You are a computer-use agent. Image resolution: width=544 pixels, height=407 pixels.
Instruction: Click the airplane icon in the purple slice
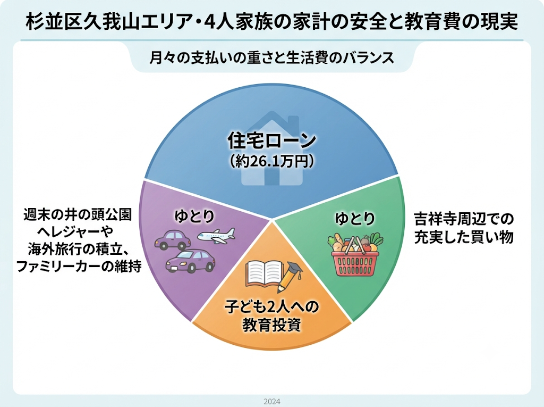click(x=216, y=236)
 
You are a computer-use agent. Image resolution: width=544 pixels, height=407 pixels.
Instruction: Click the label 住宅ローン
click(x=271, y=141)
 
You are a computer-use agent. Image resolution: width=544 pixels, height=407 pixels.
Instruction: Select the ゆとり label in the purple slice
click(x=194, y=216)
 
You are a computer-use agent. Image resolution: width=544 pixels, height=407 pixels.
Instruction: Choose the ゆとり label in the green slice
click(x=355, y=219)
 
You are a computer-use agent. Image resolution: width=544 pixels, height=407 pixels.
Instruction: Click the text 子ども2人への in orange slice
click(x=271, y=306)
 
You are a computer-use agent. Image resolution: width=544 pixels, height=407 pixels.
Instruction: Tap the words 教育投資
click(x=271, y=325)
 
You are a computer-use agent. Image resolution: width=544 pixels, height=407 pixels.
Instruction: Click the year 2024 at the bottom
click(x=272, y=402)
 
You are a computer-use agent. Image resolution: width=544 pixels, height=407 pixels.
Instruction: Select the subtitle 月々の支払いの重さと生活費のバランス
click(x=271, y=57)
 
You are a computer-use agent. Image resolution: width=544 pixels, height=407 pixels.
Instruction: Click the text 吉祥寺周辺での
click(x=464, y=219)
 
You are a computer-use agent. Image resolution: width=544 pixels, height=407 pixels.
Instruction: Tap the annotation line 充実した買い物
click(x=464, y=237)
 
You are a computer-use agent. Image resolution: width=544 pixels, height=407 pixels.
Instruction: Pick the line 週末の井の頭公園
click(x=78, y=214)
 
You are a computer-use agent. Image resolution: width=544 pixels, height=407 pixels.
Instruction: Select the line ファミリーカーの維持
click(x=79, y=267)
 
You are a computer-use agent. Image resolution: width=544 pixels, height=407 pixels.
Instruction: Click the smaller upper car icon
click(x=173, y=240)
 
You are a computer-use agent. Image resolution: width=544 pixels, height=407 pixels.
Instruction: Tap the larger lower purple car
click(x=191, y=261)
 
